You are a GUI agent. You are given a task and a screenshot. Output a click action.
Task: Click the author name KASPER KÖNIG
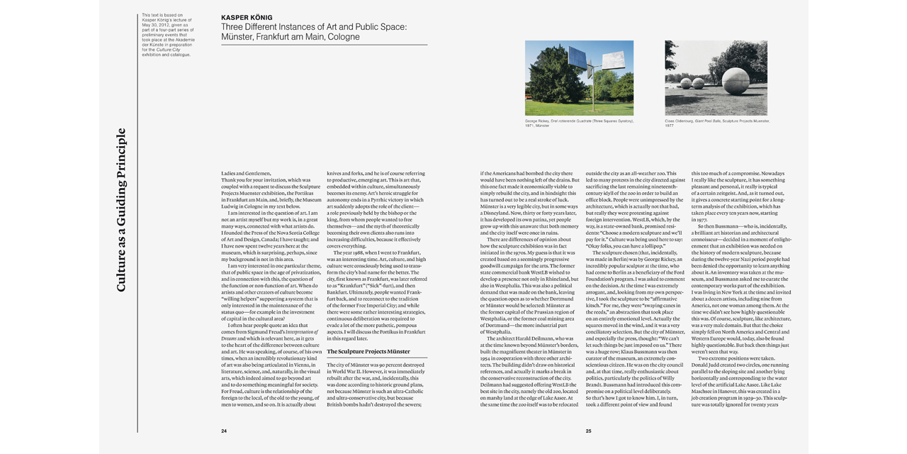[247, 17]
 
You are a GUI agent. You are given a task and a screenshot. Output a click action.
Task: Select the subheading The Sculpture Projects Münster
[368, 351]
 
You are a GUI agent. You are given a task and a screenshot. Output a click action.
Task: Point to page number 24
[224, 431]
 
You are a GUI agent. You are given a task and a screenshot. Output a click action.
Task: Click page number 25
[588, 431]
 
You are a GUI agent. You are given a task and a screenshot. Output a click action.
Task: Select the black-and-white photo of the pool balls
[716, 78]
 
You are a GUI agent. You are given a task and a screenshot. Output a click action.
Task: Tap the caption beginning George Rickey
[579, 123]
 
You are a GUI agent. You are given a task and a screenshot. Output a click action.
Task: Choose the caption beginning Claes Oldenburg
[716, 123]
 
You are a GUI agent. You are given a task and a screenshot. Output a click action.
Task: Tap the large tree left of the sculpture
[543, 74]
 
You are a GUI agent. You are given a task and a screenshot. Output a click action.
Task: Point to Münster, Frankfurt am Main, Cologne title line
[290, 37]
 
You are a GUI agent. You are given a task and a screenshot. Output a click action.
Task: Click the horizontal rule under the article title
[324, 45]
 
